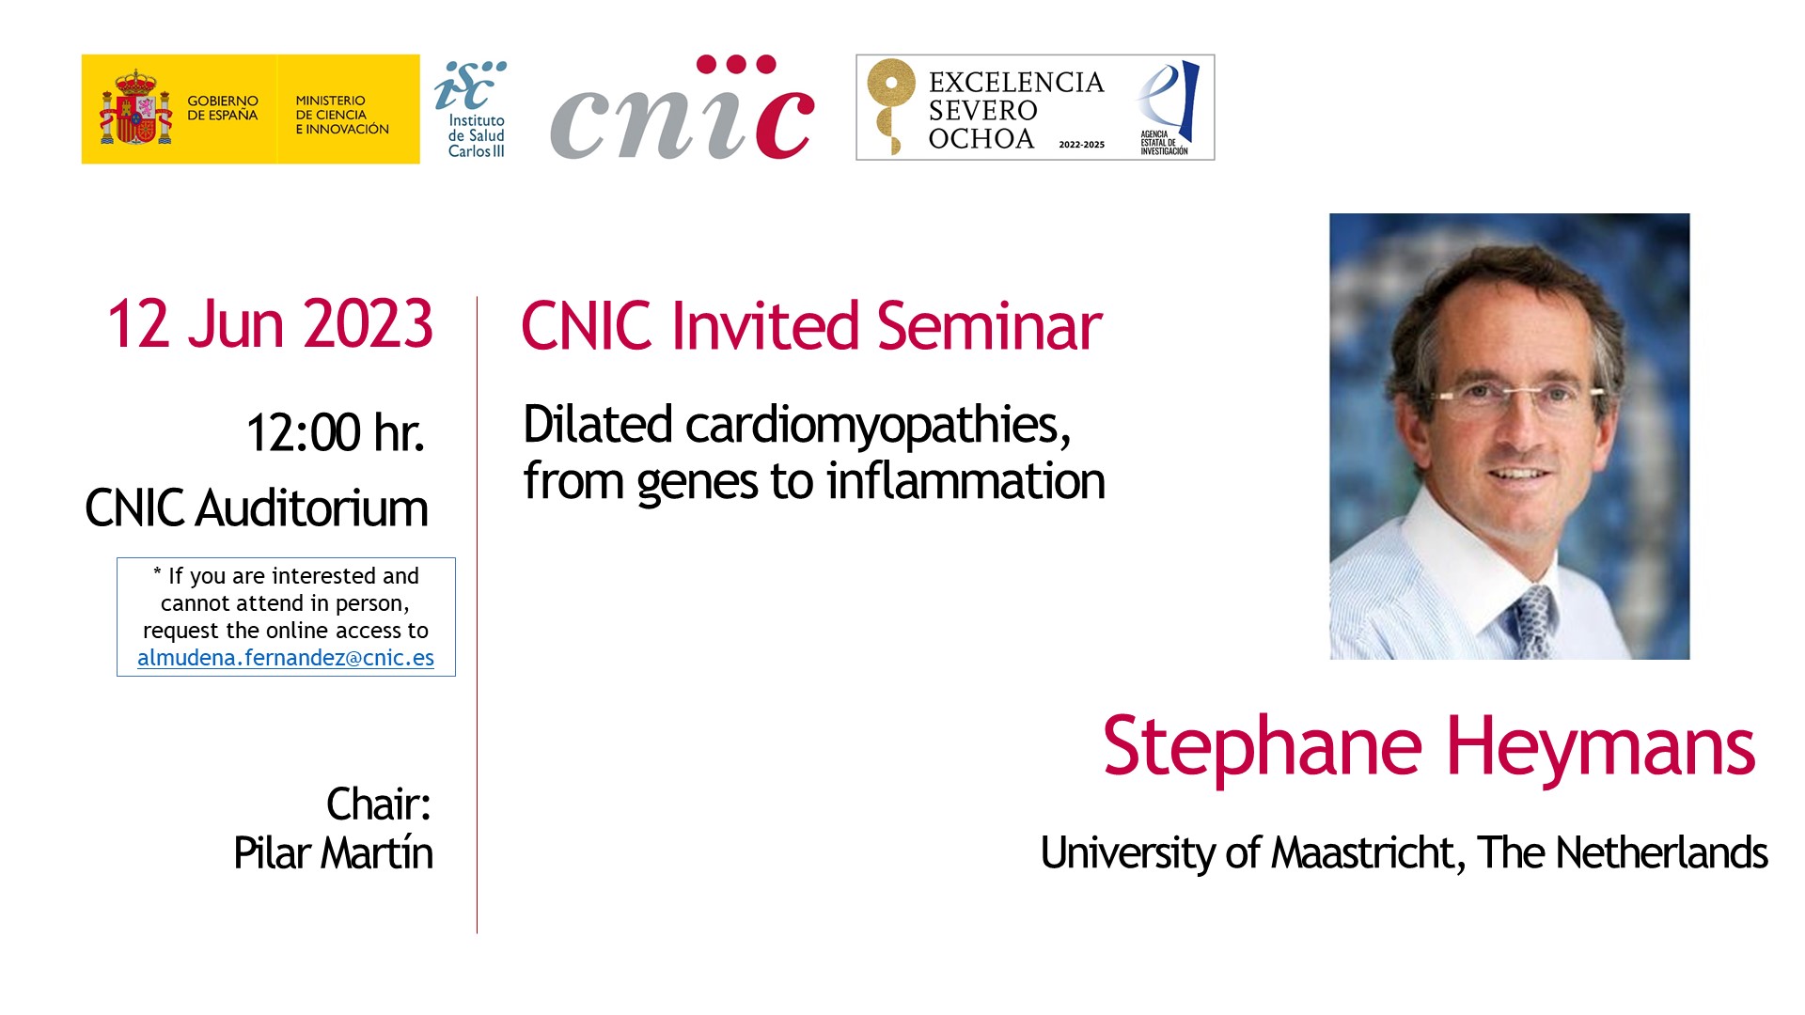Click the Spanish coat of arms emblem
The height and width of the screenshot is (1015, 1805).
tap(136, 107)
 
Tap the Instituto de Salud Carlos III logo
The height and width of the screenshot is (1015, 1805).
tap(471, 109)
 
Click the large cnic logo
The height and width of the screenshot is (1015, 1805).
tap(683, 107)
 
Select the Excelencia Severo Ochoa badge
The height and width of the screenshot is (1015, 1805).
tap(1035, 107)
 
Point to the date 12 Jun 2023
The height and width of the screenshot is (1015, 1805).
tap(270, 324)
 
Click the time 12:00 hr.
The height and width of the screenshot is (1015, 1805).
tap(335, 432)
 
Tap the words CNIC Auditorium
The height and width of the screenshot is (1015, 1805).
tap(257, 508)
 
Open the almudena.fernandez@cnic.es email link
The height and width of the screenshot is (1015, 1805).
tap(286, 658)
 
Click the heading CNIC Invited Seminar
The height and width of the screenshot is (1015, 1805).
tap(811, 326)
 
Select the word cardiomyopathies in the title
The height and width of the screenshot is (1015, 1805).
tap(878, 426)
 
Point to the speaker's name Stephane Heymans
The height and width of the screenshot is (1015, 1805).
tap(1429, 747)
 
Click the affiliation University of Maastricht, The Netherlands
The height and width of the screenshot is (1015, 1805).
tap(1405, 853)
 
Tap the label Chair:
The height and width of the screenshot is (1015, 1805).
tap(379, 804)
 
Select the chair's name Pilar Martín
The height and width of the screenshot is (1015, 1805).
tap(334, 853)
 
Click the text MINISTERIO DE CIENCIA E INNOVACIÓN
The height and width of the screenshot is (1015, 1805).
tap(342, 115)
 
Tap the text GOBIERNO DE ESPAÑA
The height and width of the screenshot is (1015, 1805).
tap(223, 108)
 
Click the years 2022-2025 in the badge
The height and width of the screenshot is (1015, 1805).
tap(1082, 145)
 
